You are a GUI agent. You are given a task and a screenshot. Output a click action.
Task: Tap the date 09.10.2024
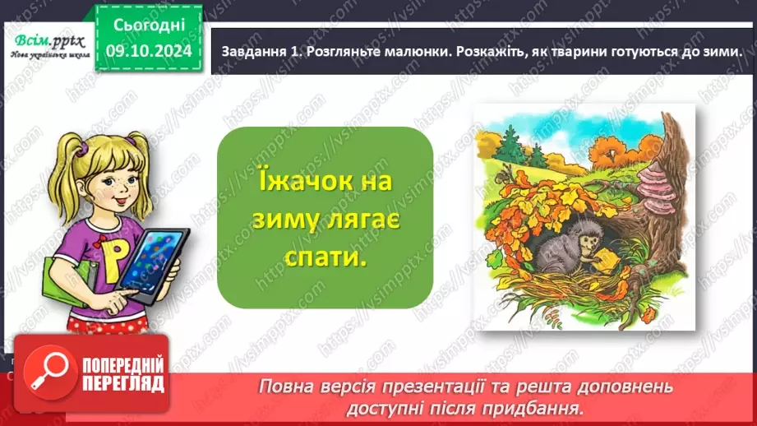pos(149,50)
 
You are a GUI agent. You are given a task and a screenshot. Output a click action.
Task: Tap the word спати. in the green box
pos(326,257)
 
